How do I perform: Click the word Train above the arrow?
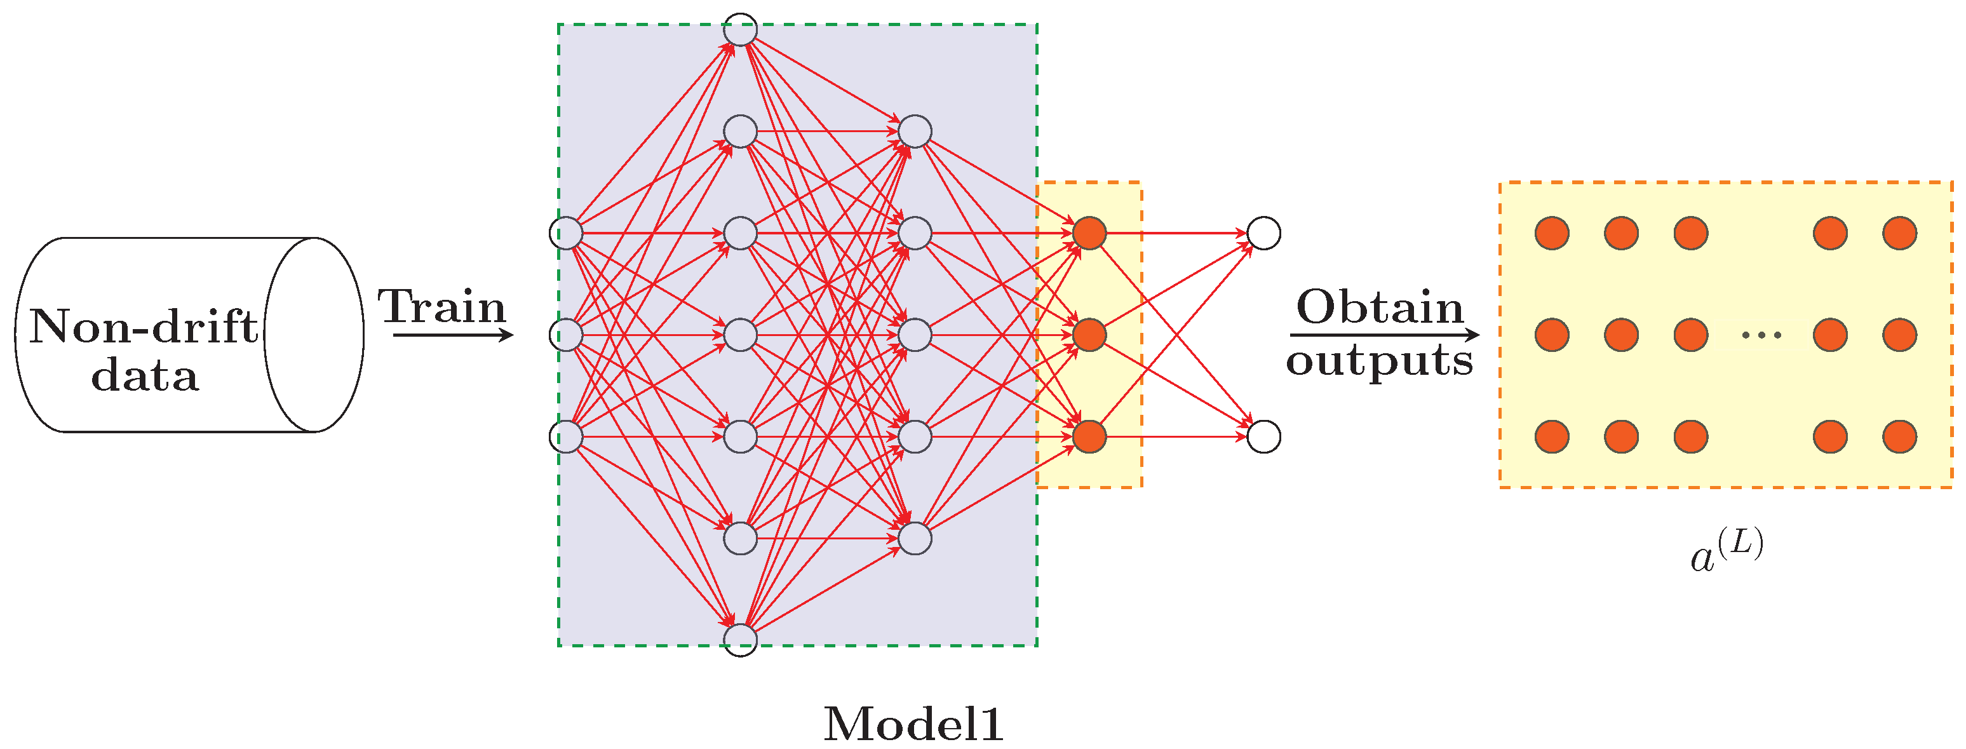(x=442, y=307)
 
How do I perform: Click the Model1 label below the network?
(x=913, y=724)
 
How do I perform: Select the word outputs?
(x=1379, y=360)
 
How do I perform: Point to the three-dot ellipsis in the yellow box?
(x=1761, y=334)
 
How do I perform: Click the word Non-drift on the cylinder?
(x=144, y=327)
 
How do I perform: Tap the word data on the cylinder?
(x=145, y=375)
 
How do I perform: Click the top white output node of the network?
(x=1263, y=233)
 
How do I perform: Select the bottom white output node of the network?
(x=1263, y=436)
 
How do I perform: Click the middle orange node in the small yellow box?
(x=1089, y=334)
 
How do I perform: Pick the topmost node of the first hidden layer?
(x=740, y=30)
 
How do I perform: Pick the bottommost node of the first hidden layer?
(x=740, y=640)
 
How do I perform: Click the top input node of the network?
(x=565, y=233)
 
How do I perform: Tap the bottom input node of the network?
(x=565, y=436)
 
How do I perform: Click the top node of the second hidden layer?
(x=914, y=132)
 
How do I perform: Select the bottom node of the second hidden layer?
(x=914, y=538)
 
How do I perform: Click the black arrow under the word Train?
(x=454, y=334)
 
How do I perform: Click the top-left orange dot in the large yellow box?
(x=1552, y=233)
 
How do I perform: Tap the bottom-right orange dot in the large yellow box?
(x=1899, y=436)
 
